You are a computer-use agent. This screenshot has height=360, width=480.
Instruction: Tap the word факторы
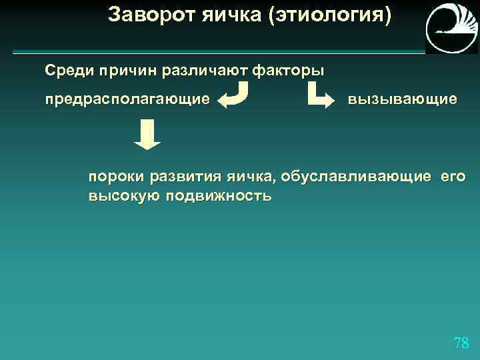tap(291, 70)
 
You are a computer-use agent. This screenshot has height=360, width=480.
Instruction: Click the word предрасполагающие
tap(127, 99)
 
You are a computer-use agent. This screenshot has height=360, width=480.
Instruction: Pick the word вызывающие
tap(402, 99)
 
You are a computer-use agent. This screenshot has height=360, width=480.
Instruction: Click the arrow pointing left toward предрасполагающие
tap(235, 95)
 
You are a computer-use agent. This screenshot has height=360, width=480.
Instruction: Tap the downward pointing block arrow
tap(147, 135)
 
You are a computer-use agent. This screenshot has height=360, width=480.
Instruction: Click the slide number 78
tap(461, 343)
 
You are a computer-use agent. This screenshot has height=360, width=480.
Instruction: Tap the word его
tap(453, 178)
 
